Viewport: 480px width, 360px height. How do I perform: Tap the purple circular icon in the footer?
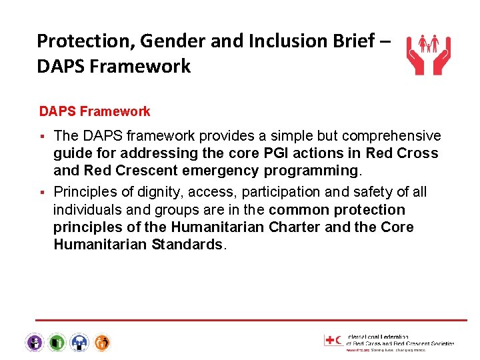pyautogui.click(x=34, y=343)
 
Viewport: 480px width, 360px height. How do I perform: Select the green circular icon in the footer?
pyautogui.click(x=57, y=343)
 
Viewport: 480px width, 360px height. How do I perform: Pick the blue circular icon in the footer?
pyautogui.click(x=79, y=343)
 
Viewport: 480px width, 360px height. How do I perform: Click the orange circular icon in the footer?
pyautogui.click(x=102, y=343)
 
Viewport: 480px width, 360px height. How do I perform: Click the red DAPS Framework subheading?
pyautogui.click(x=95, y=111)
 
